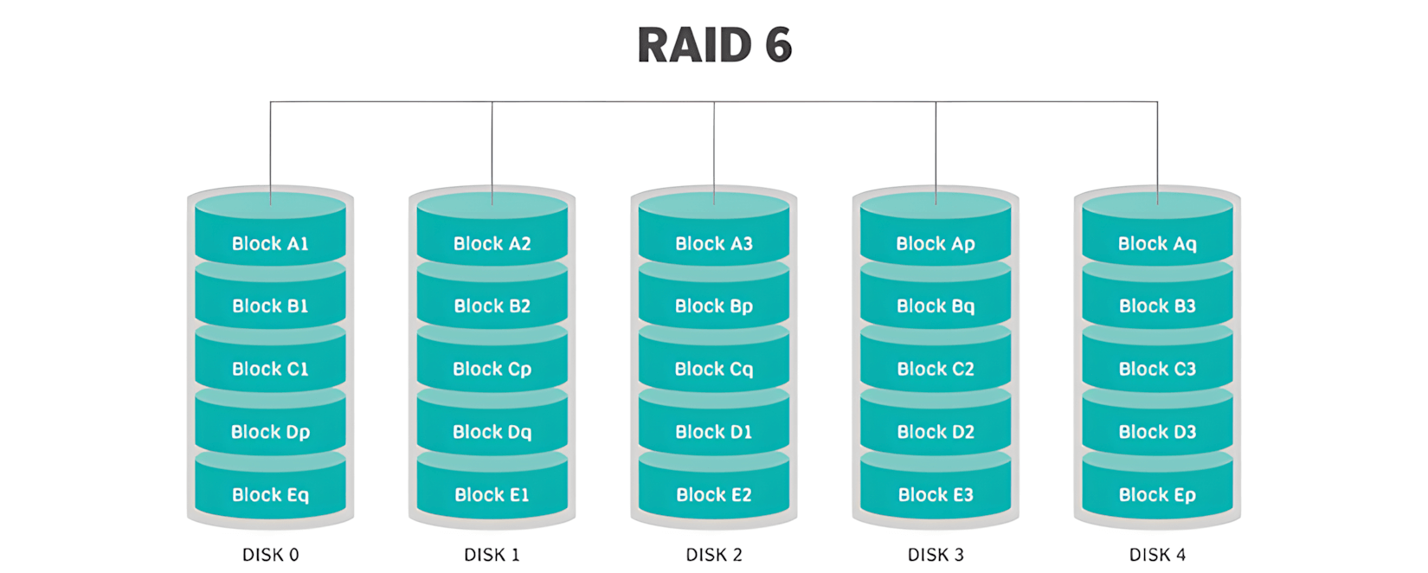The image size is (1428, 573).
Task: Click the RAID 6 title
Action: click(x=714, y=45)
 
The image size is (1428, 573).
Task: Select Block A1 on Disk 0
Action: click(x=270, y=243)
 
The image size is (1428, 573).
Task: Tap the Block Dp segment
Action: click(x=270, y=431)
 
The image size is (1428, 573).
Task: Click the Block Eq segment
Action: click(x=270, y=494)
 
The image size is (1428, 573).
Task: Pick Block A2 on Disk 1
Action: click(x=492, y=243)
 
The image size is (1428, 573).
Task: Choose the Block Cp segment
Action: click(x=492, y=369)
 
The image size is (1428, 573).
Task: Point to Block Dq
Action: click(x=492, y=431)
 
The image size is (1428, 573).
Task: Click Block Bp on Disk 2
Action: click(x=714, y=306)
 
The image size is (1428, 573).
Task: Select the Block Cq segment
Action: click(x=714, y=369)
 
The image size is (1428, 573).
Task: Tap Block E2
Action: click(x=714, y=494)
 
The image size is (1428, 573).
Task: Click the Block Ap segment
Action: click(x=936, y=243)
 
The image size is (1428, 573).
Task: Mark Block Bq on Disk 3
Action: click(x=936, y=306)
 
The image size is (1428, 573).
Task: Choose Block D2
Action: click(x=936, y=431)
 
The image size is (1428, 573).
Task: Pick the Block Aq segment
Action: click(x=1157, y=243)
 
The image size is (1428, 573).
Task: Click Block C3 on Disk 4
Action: click(x=1157, y=369)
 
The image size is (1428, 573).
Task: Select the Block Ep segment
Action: click(x=1157, y=494)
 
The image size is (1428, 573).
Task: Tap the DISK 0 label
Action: click(x=270, y=554)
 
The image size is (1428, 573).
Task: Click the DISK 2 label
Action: click(x=714, y=554)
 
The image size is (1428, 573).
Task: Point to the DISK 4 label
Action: click(x=1157, y=554)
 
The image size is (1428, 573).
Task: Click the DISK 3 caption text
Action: click(x=936, y=554)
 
